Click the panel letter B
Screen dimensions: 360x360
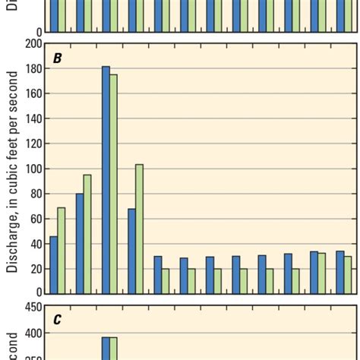pyautogui.click(x=57, y=57)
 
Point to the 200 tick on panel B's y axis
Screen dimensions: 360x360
pyautogui.click(x=32, y=44)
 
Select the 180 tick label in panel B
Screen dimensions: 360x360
pyautogui.click(x=32, y=69)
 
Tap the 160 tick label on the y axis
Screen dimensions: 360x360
pyautogui.click(x=32, y=94)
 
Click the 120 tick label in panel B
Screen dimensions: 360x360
pyautogui.click(x=32, y=144)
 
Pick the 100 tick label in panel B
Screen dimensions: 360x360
pyautogui.click(x=32, y=169)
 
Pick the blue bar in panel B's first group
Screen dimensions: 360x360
pyautogui.click(x=54, y=265)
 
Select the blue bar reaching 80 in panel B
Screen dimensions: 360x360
pyautogui.click(x=80, y=244)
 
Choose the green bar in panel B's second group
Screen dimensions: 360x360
pyautogui.click(x=87, y=235)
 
